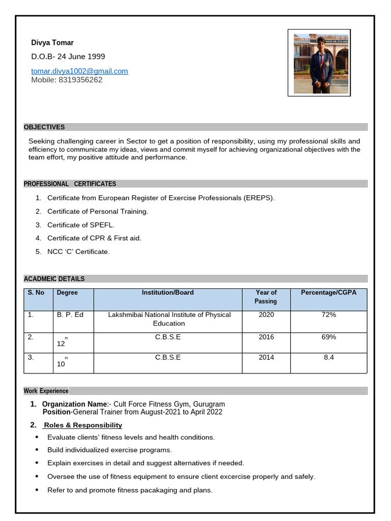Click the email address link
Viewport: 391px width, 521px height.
79,71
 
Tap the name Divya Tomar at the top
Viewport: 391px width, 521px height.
52,43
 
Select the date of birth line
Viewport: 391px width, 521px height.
68,56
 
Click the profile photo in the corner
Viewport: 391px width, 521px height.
321,64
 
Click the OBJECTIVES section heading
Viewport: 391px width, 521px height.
44,127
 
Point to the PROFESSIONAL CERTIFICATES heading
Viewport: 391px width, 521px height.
70,184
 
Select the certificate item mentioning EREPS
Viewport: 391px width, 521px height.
160,198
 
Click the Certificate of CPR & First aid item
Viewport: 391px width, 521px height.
94,238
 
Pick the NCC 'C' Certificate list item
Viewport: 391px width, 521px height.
78,251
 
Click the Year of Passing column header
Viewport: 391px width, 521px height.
266,297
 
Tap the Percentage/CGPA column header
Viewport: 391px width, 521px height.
328,293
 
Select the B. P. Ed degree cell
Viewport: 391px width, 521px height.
70,315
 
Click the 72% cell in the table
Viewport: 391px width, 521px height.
328,315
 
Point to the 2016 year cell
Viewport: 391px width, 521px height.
266,337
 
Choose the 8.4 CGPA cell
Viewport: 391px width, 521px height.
328,357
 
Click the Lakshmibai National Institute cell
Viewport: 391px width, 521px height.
169,319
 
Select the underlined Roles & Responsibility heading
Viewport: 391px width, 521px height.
83,425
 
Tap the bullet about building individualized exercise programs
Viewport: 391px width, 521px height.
109,450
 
